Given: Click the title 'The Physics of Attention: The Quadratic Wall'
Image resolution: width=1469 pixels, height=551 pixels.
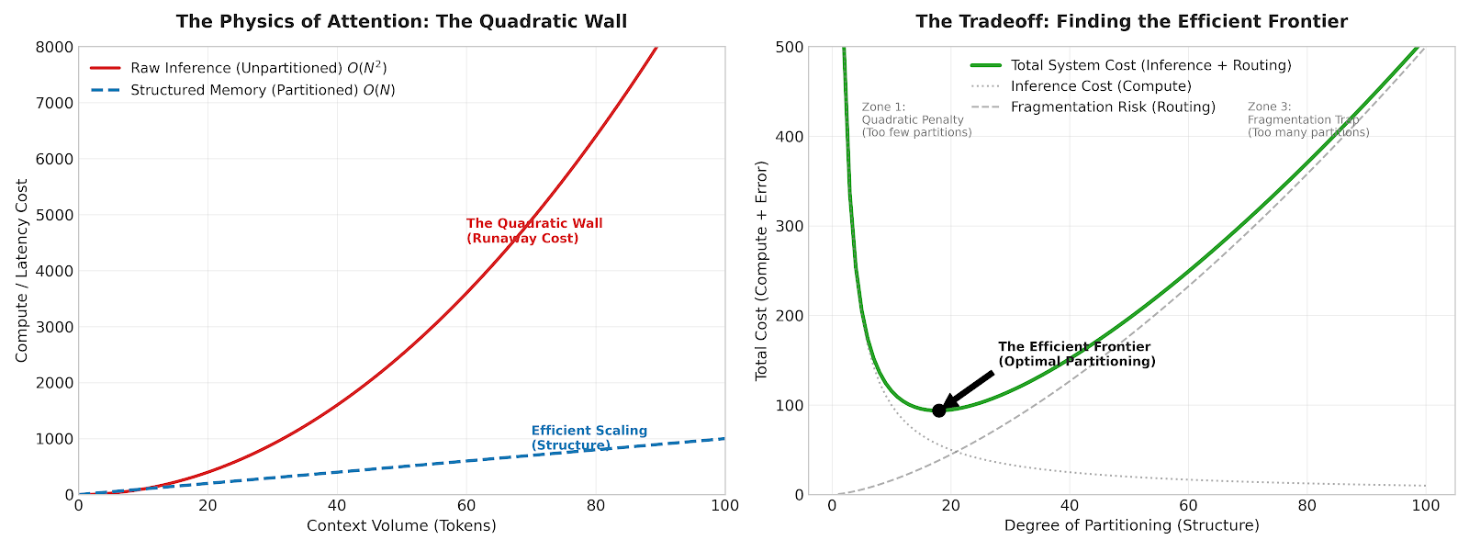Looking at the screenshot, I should (401, 21).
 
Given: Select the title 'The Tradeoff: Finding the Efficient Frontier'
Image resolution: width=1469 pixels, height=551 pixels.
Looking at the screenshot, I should (1131, 21).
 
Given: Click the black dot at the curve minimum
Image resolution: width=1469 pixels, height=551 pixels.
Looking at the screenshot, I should (938, 410).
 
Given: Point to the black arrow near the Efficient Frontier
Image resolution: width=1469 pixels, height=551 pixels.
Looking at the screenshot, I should (969, 388).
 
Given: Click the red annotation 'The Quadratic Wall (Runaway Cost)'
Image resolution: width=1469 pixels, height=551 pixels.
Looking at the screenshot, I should (534, 231).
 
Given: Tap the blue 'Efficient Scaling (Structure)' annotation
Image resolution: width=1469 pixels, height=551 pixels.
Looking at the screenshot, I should (589, 438).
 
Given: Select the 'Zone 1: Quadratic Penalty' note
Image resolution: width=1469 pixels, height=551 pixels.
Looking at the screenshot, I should (916, 120).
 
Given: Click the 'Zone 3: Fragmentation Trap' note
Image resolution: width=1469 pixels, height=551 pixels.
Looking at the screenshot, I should (1307, 120).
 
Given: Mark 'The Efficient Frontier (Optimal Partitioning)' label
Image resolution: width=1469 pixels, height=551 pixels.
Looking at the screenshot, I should (1076, 354).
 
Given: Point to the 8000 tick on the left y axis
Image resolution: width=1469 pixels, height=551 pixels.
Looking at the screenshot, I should (55, 47).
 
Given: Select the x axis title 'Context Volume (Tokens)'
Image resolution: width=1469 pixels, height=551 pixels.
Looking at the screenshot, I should (401, 526).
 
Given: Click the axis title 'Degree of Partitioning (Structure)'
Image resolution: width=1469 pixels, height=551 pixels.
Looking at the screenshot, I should (1131, 526).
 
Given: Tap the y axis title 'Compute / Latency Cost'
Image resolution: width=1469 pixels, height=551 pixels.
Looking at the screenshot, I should (22, 271).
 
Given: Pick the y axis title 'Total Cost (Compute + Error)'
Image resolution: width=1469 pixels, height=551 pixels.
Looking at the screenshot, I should (761, 271).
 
